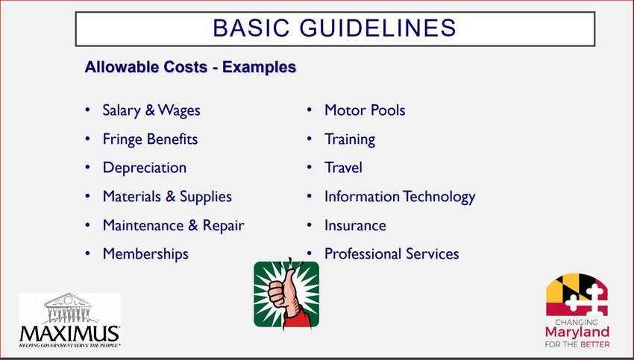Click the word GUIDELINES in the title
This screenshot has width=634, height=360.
pyautogui.click(x=377, y=28)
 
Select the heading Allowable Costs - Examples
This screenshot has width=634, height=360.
pyautogui.click(x=190, y=66)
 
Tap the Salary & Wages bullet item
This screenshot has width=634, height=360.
pyautogui.click(x=151, y=110)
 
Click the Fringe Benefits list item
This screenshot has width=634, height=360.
pyautogui.click(x=150, y=139)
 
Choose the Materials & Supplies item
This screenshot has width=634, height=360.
pyautogui.click(x=167, y=197)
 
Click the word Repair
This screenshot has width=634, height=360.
pyautogui.click(x=223, y=225)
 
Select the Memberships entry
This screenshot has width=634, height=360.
pyautogui.click(x=145, y=254)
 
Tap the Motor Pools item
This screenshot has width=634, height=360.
pyautogui.click(x=365, y=110)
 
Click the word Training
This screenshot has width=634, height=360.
pyautogui.click(x=350, y=139)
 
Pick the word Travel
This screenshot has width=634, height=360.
pyautogui.click(x=343, y=168)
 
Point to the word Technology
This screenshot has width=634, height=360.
pyautogui.click(x=439, y=197)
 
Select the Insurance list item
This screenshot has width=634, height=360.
pyautogui.click(x=355, y=225)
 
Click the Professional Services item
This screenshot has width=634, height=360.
pyautogui.click(x=392, y=254)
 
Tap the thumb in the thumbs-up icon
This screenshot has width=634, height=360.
pyautogui.click(x=289, y=281)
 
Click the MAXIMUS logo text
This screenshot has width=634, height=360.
pyautogui.click(x=69, y=334)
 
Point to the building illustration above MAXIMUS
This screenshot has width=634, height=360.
pyautogui.click(x=69, y=308)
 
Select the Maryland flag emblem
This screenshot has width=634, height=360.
pyautogui.click(x=577, y=295)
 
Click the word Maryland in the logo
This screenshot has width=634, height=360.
pyautogui.click(x=577, y=332)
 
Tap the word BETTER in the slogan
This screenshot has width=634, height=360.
pyautogui.click(x=594, y=344)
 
